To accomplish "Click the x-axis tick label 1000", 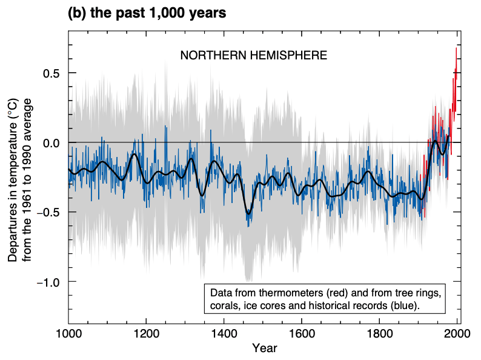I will tap(68, 334).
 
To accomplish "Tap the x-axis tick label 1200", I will tap(146, 334).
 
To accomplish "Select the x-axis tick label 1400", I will tap(224, 334).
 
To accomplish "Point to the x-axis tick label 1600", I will tap(302, 334).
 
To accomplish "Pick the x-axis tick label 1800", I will tap(380, 334).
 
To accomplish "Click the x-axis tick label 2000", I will tap(457, 334).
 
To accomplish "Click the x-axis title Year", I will tap(264, 348).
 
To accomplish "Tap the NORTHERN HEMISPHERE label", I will tap(254, 56).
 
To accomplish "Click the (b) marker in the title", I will tap(76, 13).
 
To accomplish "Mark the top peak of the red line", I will tap(456, 48).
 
